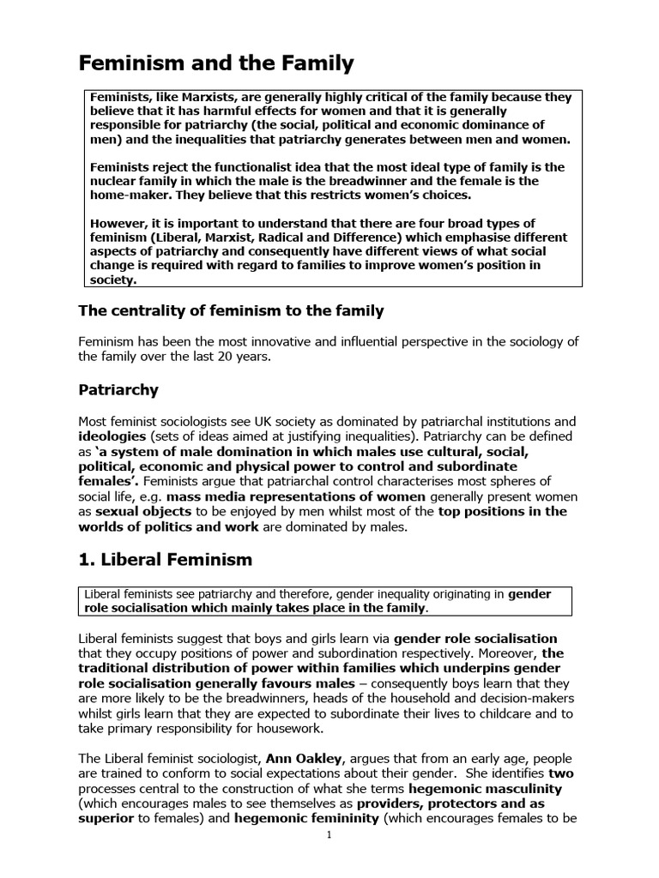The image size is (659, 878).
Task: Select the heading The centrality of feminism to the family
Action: (x=231, y=310)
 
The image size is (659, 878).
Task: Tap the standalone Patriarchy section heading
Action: (x=118, y=390)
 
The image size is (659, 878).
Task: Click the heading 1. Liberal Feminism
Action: (x=166, y=560)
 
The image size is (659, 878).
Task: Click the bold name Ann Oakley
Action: (x=285, y=759)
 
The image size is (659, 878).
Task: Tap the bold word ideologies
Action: (x=112, y=436)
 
